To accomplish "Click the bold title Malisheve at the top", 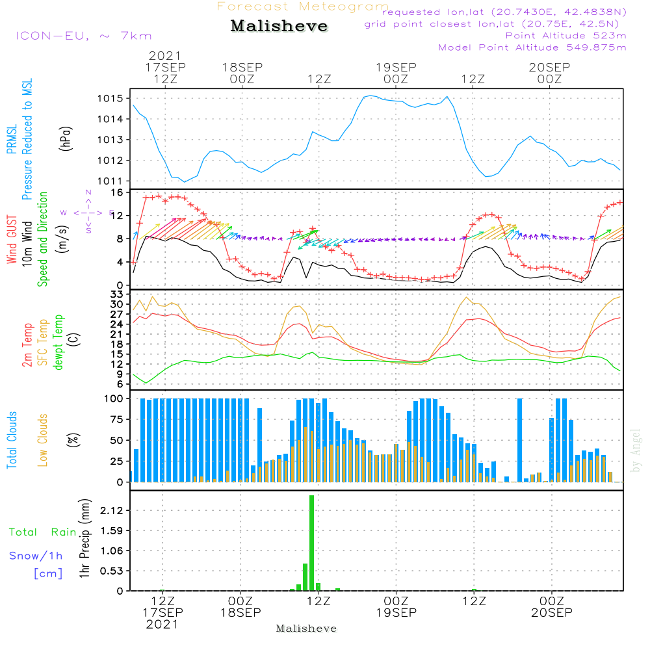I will click(x=279, y=27).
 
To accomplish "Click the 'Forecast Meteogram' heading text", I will click(x=303, y=6).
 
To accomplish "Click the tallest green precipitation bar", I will click(x=312, y=542).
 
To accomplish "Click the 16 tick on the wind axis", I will click(x=117, y=193).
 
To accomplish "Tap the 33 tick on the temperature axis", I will click(x=116, y=294).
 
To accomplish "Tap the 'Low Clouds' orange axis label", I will click(x=43, y=440).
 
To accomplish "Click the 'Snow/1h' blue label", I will click(x=36, y=556).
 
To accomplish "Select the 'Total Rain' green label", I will click(x=42, y=532).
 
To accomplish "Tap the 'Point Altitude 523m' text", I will click(x=565, y=35).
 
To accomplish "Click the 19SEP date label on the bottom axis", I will click(x=396, y=613).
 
